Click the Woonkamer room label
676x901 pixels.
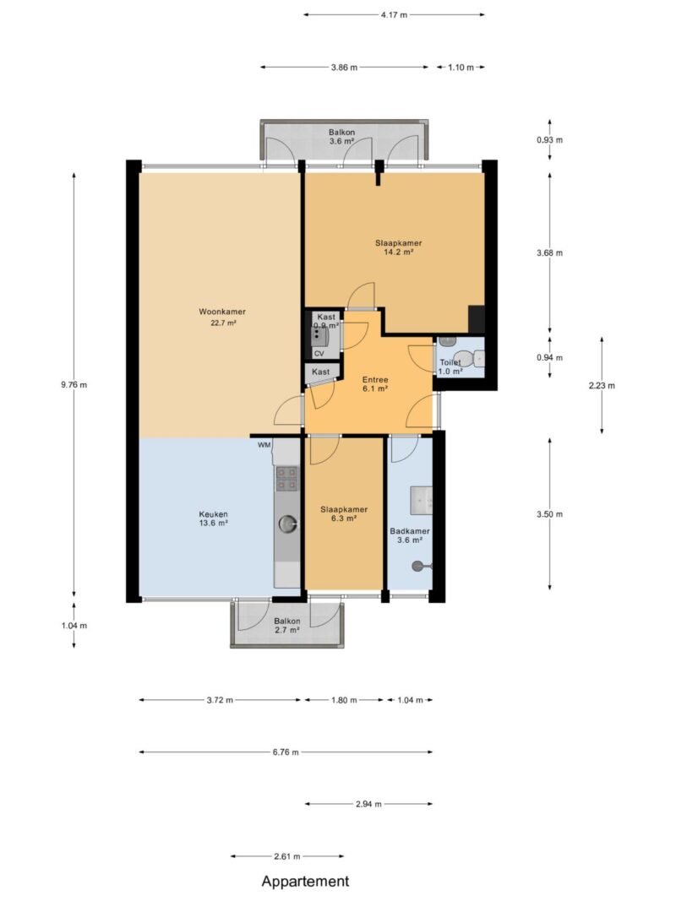tap(222, 312)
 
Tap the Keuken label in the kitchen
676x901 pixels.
tap(213, 514)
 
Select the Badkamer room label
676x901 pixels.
tap(409, 531)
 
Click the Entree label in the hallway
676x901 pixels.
tap(375, 380)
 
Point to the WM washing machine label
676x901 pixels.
tap(264, 445)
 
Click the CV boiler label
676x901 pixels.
tap(319, 354)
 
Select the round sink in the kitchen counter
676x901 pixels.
tap(287, 524)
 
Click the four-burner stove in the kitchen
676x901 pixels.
tap(287, 479)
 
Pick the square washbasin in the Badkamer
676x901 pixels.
tap(422, 501)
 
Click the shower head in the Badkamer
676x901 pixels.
tap(417, 567)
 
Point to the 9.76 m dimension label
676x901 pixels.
tap(74, 385)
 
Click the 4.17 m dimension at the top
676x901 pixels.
tap(394, 15)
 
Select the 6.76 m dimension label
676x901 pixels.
tap(286, 752)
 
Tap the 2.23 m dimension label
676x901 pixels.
tap(602, 386)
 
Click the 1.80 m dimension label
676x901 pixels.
tap(344, 700)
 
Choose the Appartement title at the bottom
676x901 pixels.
tap(305, 882)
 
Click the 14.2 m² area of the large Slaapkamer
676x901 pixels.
tap(398, 252)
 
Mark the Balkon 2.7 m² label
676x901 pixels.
tap(286, 626)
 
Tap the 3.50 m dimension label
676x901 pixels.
tap(549, 514)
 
